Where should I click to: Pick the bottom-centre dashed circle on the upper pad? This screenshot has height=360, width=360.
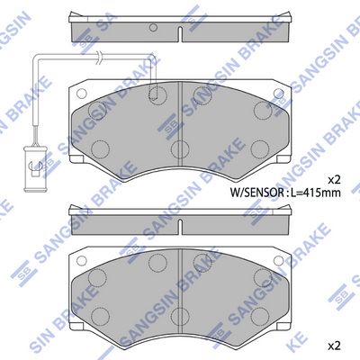tap(181, 148)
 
